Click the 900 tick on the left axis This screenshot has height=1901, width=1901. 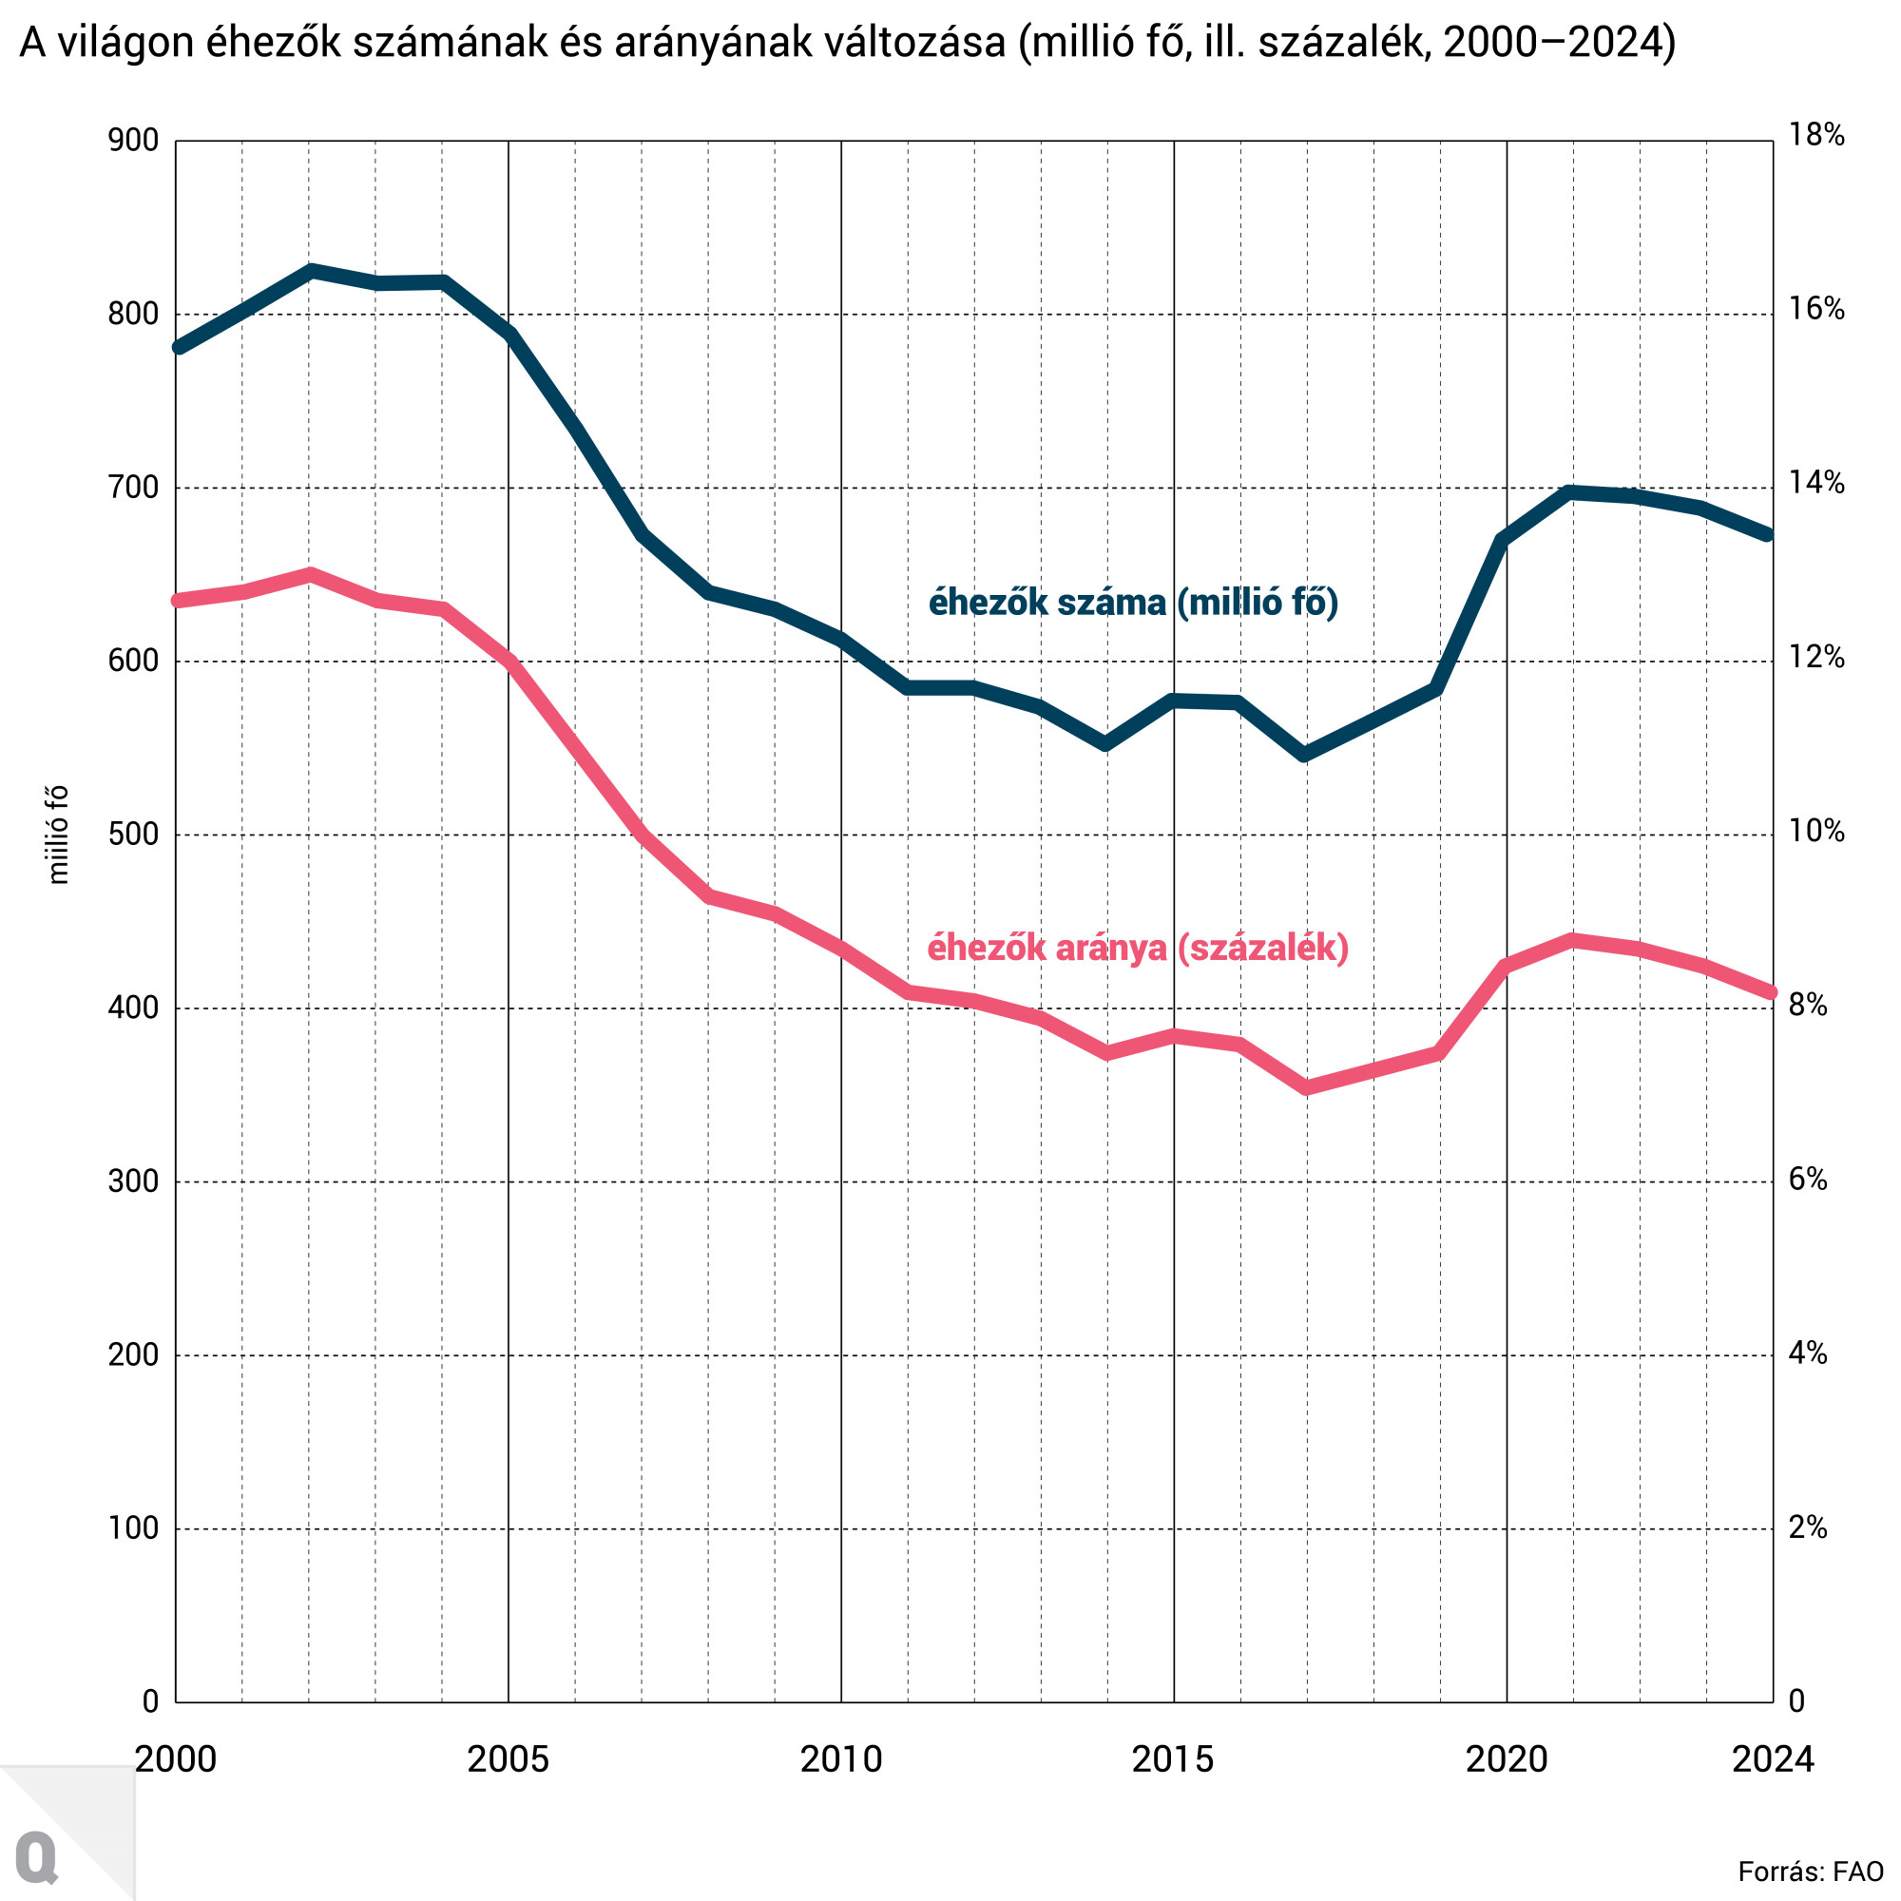pyautogui.click(x=133, y=141)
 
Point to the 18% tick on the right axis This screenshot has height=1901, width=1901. pyautogui.click(x=1815, y=135)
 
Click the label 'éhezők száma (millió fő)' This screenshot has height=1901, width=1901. pyautogui.click(x=1134, y=603)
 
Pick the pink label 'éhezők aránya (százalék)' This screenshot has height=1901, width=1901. pyautogui.click(x=1138, y=948)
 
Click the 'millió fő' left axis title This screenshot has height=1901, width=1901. pyautogui.click(x=58, y=835)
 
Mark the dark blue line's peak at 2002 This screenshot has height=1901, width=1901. pyautogui.click(x=310, y=271)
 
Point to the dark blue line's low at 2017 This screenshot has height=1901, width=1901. pyautogui.click(x=1306, y=755)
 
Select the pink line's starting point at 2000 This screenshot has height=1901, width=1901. pyautogui.click(x=178, y=600)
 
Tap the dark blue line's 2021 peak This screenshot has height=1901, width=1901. pyautogui.click(x=1572, y=492)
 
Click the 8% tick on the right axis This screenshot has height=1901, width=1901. pyautogui.click(x=1808, y=1005)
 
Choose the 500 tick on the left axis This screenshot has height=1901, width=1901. pyautogui.click(x=133, y=835)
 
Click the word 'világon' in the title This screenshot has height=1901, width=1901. pyautogui.click(x=125, y=45)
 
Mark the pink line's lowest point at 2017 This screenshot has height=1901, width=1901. pyautogui.click(x=1306, y=1087)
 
